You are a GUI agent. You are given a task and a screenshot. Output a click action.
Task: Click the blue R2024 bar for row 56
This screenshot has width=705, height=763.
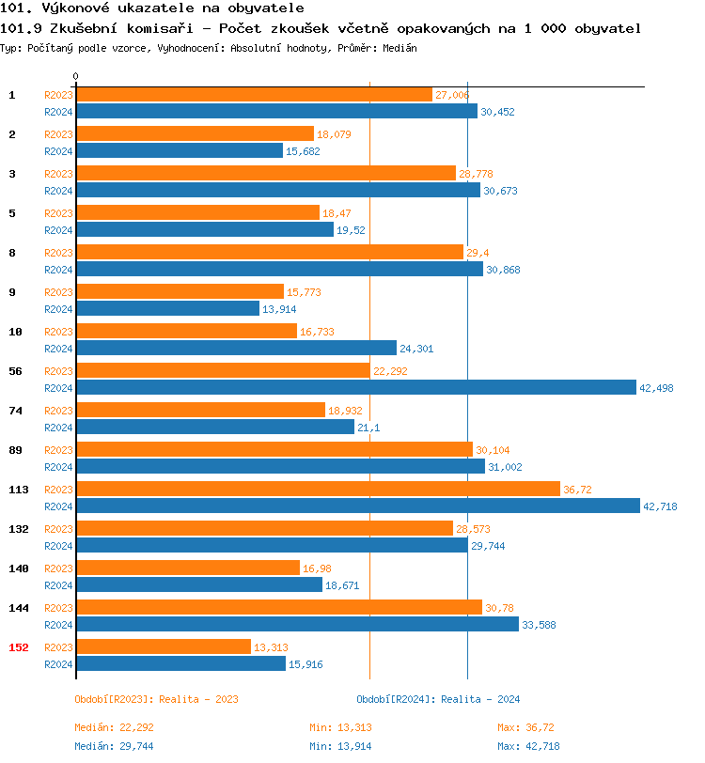(x=355, y=387)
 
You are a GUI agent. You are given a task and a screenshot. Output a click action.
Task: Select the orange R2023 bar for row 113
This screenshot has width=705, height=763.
(x=318, y=489)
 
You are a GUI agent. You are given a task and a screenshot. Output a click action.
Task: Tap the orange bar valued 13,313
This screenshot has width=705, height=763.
(x=163, y=646)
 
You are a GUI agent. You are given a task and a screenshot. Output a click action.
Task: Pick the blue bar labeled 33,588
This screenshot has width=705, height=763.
(x=296, y=624)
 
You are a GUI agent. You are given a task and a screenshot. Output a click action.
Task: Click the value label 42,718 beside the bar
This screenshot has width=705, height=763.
(x=660, y=506)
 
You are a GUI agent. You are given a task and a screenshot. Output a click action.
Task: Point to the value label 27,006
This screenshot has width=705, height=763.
(x=452, y=95)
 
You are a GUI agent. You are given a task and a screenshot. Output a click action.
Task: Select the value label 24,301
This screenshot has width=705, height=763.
(x=416, y=349)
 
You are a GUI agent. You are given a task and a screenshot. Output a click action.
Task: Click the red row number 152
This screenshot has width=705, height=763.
(x=19, y=647)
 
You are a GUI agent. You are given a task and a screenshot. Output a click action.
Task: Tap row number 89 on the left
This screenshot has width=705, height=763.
(x=16, y=450)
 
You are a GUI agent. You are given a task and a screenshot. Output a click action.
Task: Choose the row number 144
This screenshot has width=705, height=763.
(x=19, y=608)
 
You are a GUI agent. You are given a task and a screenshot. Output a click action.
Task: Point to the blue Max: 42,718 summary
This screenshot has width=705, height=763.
(x=528, y=746)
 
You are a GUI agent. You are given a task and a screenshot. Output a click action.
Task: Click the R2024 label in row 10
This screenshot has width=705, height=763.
(x=58, y=349)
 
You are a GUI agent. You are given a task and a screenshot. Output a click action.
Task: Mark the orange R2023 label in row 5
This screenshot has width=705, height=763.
(x=58, y=213)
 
